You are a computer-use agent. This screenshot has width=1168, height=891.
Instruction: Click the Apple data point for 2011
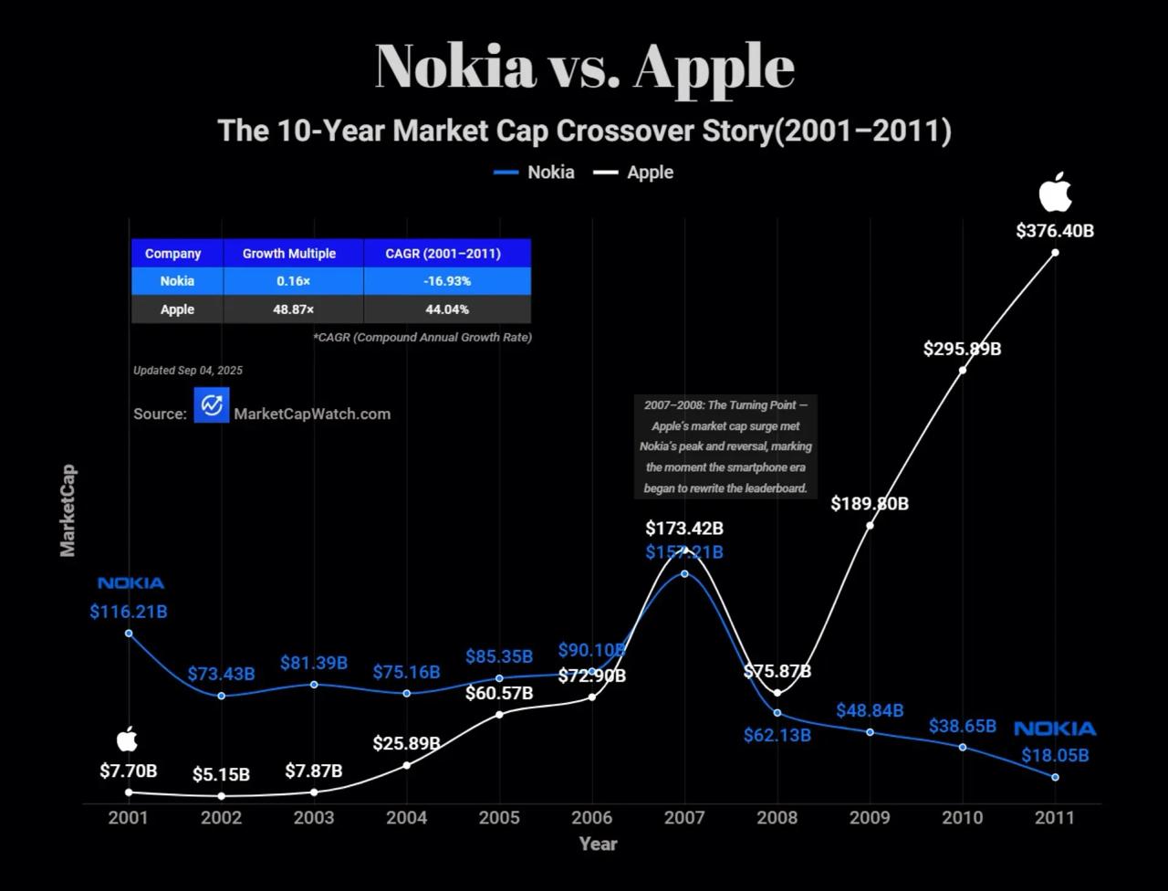(1055, 252)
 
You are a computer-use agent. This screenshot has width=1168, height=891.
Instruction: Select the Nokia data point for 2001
(129, 633)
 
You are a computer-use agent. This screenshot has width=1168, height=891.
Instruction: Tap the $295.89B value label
(962, 349)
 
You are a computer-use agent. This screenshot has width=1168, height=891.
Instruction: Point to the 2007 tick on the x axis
(684, 817)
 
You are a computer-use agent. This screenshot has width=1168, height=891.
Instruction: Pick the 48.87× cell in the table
(293, 309)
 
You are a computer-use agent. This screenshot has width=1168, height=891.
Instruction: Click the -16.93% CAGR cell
(447, 281)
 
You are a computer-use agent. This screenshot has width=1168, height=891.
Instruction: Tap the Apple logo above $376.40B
(1055, 193)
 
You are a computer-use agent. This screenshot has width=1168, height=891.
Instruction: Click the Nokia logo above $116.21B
(130, 583)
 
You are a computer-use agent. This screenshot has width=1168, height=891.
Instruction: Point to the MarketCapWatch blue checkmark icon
(212, 404)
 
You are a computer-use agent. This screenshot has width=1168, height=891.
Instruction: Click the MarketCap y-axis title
(68, 510)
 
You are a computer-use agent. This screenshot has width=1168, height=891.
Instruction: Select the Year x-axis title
(598, 844)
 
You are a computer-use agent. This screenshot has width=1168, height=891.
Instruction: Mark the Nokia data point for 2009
(870, 732)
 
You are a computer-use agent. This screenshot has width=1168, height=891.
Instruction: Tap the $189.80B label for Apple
(870, 504)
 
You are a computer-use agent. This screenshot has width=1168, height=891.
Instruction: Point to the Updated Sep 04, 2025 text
(188, 371)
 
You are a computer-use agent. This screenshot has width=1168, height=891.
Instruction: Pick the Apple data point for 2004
(407, 765)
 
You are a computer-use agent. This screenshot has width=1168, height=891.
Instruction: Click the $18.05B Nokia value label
(1055, 756)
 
